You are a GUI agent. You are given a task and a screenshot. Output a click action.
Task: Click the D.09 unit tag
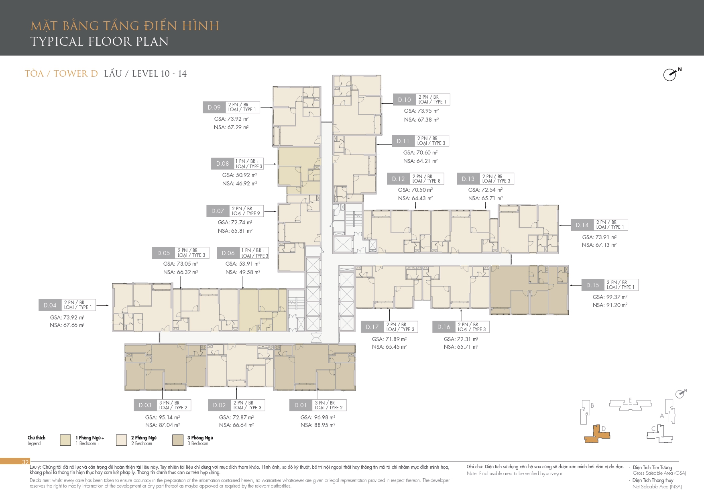[x=214, y=107]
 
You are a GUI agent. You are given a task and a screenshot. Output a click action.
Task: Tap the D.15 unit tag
[x=592, y=285]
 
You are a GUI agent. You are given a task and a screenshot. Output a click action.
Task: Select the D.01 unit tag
[x=301, y=405]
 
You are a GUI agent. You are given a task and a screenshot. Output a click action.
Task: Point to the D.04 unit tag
[x=50, y=305]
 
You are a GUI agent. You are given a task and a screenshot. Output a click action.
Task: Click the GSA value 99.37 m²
[x=610, y=297]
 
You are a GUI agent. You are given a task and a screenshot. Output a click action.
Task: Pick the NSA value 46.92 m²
[x=240, y=183]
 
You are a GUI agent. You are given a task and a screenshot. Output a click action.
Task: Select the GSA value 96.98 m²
[x=318, y=417]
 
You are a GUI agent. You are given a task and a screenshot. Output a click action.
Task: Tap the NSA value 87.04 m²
[x=163, y=425]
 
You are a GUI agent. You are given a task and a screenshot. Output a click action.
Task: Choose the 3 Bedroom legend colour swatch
[x=178, y=440]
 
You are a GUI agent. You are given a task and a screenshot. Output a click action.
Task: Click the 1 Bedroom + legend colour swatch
[x=65, y=440]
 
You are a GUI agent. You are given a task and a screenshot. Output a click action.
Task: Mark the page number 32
[x=25, y=462]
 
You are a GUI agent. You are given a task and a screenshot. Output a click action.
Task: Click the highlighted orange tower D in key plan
[x=597, y=434]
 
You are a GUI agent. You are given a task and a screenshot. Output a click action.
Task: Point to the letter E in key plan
[x=630, y=400]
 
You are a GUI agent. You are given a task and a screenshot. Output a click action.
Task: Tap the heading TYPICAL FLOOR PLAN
[x=100, y=41]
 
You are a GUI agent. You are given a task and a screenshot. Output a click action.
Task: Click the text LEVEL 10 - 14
[x=159, y=73]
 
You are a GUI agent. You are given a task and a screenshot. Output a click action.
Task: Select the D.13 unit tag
[x=468, y=179]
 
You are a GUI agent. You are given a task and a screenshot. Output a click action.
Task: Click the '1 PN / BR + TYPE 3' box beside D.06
[x=254, y=253]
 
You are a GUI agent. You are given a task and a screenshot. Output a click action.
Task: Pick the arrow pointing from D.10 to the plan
[x=387, y=104]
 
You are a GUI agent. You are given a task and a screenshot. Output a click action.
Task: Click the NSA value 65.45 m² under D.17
[x=389, y=347]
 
